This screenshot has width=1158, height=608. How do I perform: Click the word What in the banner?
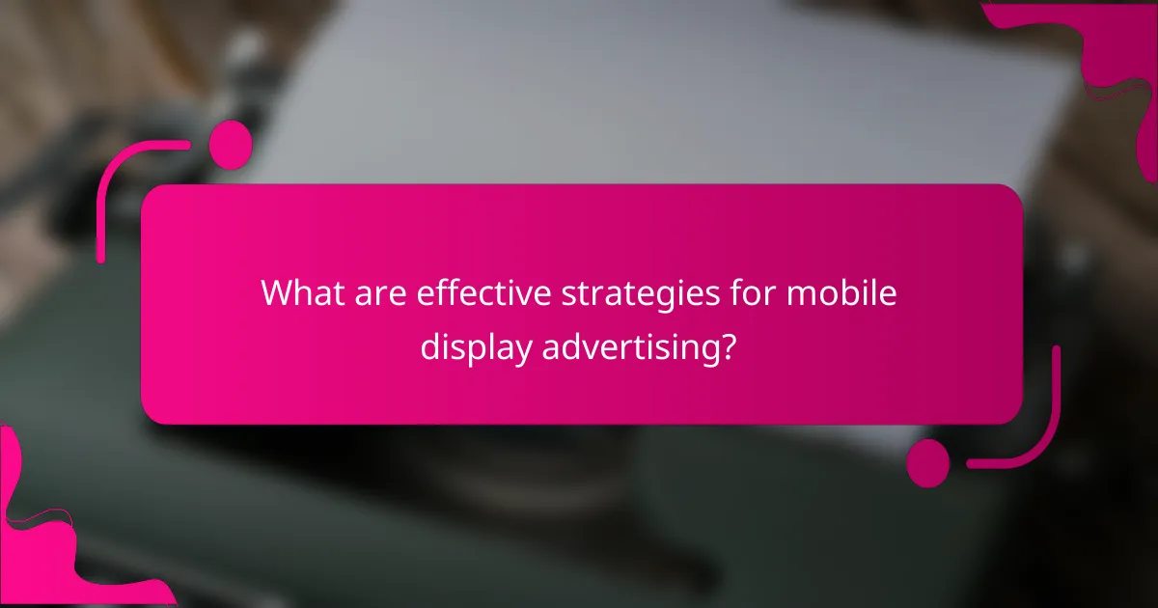pyautogui.click(x=298, y=293)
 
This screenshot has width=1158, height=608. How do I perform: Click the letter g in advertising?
pyautogui.click(x=703, y=352)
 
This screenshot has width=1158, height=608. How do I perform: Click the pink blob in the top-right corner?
pyautogui.click(x=1090, y=48)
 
